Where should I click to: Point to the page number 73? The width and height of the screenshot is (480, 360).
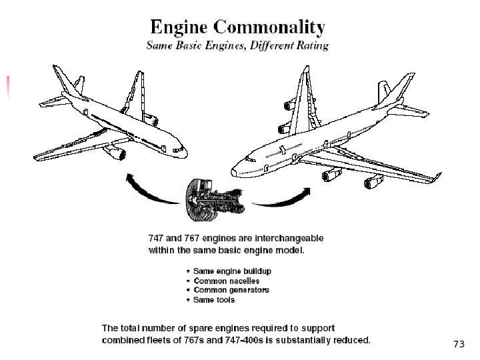click(458, 344)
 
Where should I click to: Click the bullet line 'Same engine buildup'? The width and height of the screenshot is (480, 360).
click(231, 271)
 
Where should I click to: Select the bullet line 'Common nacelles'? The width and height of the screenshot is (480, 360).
click(226, 281)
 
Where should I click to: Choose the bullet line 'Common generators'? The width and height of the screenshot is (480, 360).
click(231, 290)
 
